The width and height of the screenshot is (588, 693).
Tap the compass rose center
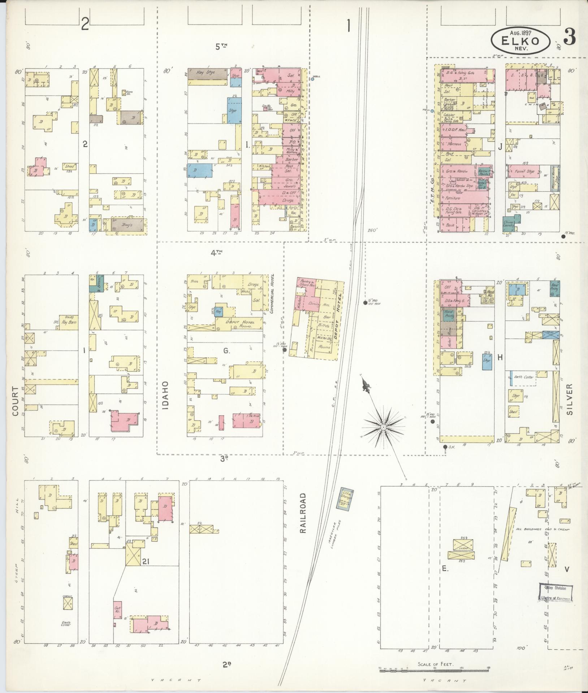[383, 427]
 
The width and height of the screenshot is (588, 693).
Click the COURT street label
[16, 401]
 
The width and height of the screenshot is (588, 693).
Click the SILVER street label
[570, 399]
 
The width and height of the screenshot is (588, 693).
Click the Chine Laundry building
[509, 225]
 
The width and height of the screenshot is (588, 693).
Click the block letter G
[226, 350]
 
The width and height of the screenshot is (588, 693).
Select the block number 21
[146, 561]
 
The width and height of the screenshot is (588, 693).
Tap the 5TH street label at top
[222, 46]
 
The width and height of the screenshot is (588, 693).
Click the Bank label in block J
[450, 225]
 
